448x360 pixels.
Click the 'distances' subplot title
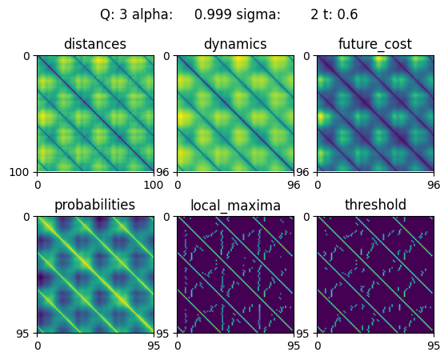[x=95, y=44]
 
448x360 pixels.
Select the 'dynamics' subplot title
[x=235, y=44]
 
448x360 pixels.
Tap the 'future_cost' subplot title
[x=375, y=44]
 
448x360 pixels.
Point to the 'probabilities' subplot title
[x=95, y=205]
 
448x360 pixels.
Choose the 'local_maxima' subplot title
[x=235, y=206]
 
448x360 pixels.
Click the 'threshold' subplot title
[x=375, y=205]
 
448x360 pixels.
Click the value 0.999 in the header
[x=213, y=14]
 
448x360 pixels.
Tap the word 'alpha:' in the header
[x=152, y=14]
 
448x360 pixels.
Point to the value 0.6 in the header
[x=347, y=14]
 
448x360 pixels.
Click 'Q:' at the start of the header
[x=108, y=14]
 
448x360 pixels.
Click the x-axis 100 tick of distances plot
[x=154, y=185]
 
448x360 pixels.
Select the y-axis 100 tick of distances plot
[x=19, y=172]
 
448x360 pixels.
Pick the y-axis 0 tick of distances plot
[x=26, y=56]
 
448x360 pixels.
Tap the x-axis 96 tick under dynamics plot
[x=294, y=185]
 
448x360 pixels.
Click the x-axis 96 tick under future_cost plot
[x=434, y=185]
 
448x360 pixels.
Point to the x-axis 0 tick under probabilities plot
[x=38, y=346]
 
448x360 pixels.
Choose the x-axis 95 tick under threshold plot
[x=434, y=346]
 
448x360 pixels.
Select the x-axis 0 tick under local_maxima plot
[x=178, y=346]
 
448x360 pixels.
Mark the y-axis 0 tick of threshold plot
[x=307, y=217]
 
